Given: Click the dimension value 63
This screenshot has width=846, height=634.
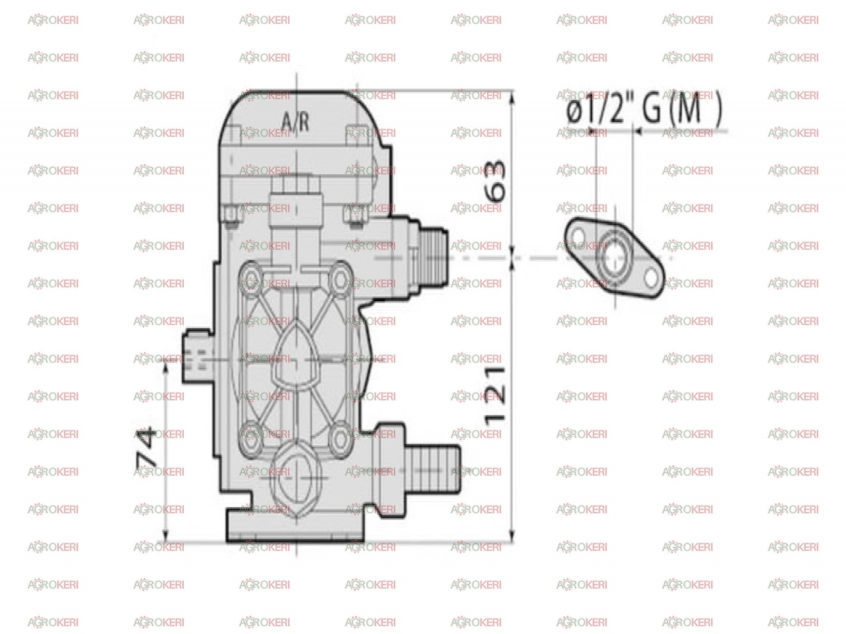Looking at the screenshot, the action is coord(494,180).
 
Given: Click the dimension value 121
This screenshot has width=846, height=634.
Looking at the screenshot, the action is coord(494,396).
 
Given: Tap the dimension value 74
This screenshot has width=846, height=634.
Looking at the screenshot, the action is coord(147,446).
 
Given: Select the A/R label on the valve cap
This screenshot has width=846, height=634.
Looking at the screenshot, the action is coord(295,122).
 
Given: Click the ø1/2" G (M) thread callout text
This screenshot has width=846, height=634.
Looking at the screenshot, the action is coord(644,108).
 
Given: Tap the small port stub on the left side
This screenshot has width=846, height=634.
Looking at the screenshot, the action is coord(198,356).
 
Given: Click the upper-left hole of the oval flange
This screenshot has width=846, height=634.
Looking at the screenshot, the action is coord(578,236).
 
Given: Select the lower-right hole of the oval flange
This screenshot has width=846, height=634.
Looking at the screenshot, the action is coord(651,278).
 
